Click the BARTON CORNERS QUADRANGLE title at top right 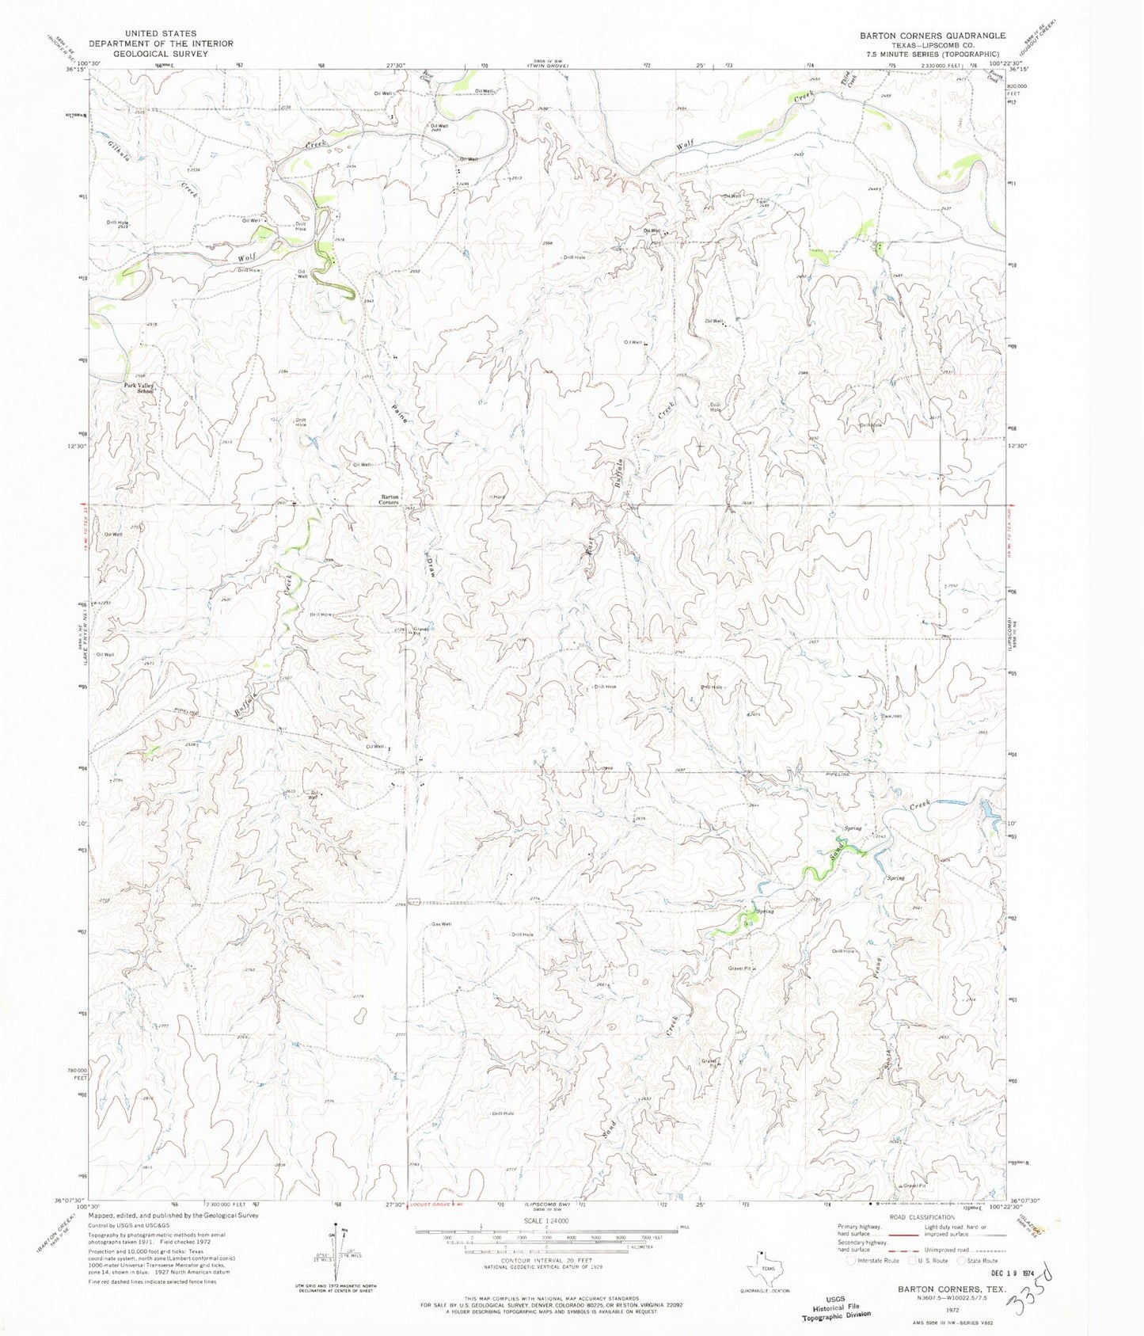coord(932,36)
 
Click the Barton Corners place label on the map coord(389,499)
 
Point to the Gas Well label coord(441,924)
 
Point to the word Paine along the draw coord(400,409)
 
